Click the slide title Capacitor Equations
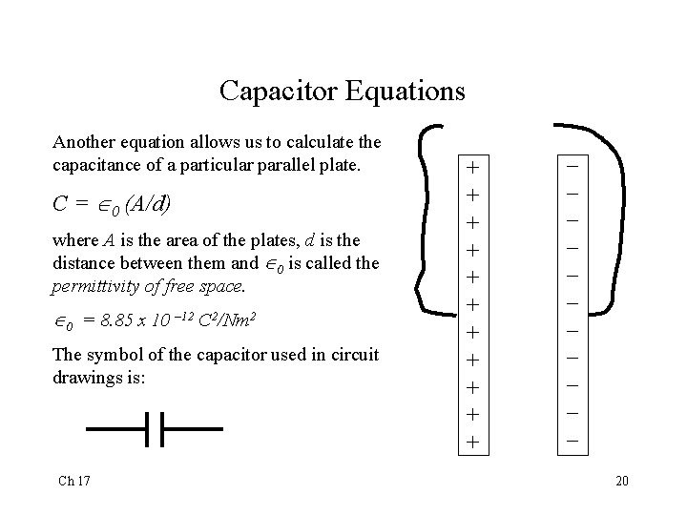point(342,92)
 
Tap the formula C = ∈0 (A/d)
point(115,205)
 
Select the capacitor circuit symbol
point(155,429)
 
